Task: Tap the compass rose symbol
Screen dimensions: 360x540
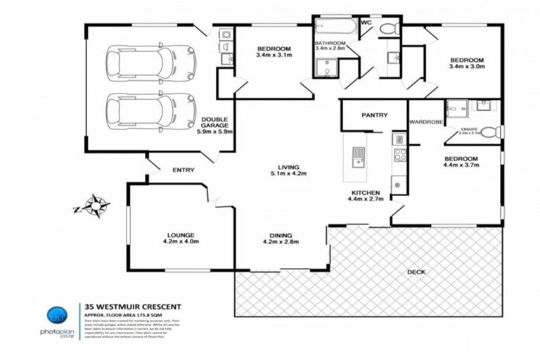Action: click(x=95, y=206)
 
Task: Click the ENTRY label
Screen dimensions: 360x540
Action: click(x=183, y=170)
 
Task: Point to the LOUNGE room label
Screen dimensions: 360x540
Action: click(x=181, y=234)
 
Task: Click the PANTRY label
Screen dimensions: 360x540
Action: click(x=374, y=115)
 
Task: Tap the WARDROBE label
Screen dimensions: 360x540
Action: click(x=426, y=122)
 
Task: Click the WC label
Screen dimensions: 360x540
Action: click(x=366, y=22)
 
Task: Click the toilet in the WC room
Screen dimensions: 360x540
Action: click(x=387, y=29)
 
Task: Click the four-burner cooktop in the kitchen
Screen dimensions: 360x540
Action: click(x=399, y=155)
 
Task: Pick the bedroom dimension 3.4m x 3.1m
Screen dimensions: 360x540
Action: click(x=274, y=55)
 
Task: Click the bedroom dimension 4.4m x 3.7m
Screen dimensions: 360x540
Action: click(x=461, y=166)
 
